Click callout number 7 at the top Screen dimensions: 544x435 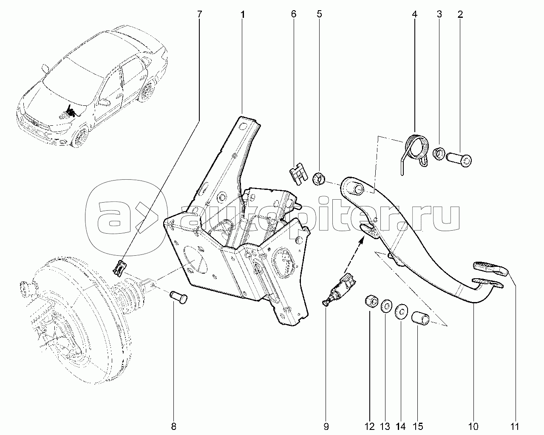click(x=200, y=14)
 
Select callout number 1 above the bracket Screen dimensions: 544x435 click(x=242, y=14)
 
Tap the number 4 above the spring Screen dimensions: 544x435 click(x=414, y=14)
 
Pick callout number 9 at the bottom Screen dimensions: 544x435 click(x=326, y=427)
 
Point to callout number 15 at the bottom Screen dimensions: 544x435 click(x=418, y=427)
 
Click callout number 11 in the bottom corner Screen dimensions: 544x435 click(x=514, y=427)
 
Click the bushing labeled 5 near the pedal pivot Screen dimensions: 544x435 click(x=319, y=179)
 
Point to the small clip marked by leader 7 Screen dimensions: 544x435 click(x=119, y=268)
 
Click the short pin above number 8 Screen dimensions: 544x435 click(x=178, y=297)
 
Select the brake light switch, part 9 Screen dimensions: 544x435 click(x=339, y=287)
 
